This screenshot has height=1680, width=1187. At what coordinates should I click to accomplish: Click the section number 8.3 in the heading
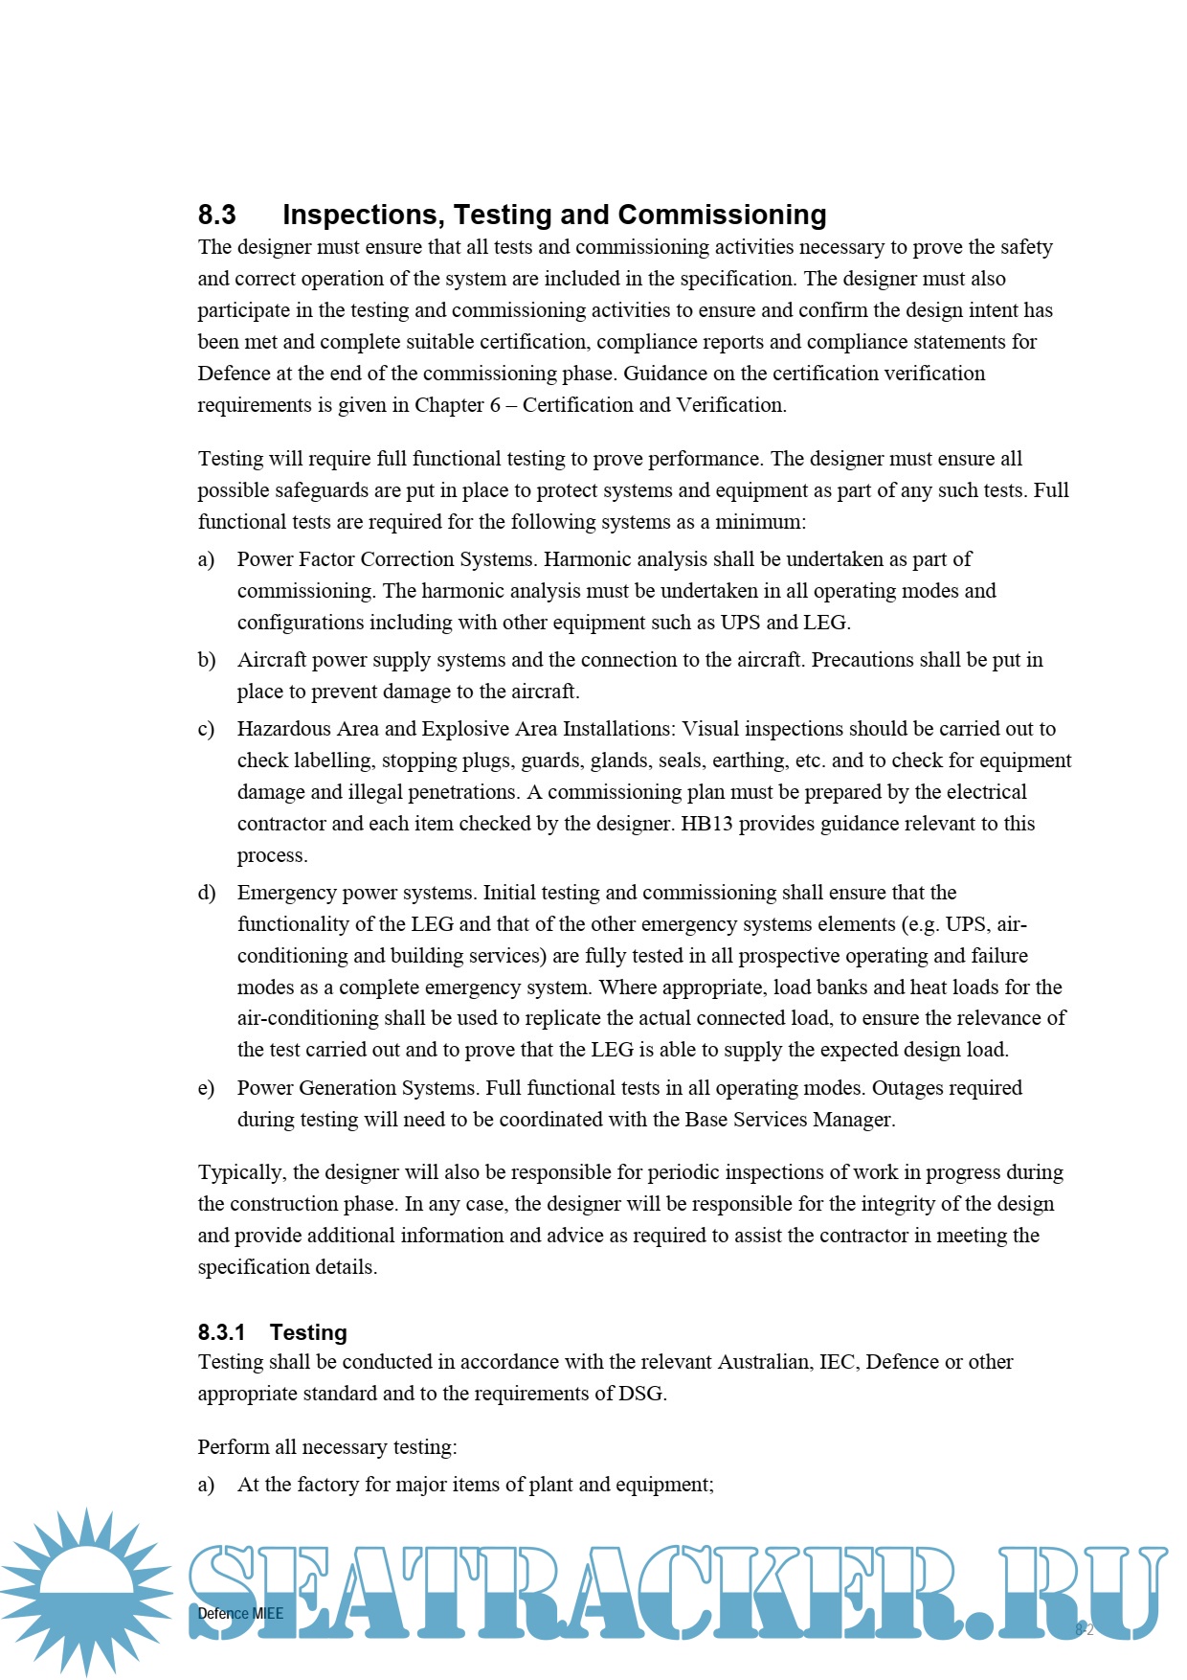(217, 215)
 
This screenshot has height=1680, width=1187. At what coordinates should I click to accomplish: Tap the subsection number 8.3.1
(221, 1332)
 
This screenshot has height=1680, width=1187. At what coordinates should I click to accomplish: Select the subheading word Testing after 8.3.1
(308, 1332)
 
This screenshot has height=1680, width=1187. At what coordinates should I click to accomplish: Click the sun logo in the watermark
(86, 1591)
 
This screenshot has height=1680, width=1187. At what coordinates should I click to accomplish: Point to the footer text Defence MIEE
(240, 1613)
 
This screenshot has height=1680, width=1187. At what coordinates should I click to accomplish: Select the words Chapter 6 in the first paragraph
(458, 405)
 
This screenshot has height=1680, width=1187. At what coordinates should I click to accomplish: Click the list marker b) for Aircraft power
(206, 660)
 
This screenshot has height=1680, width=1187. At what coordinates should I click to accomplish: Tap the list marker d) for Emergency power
(206, 893)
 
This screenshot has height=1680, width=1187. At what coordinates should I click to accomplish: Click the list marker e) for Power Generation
(206, 1088)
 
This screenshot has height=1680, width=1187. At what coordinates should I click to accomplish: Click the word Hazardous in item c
(283, 729)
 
